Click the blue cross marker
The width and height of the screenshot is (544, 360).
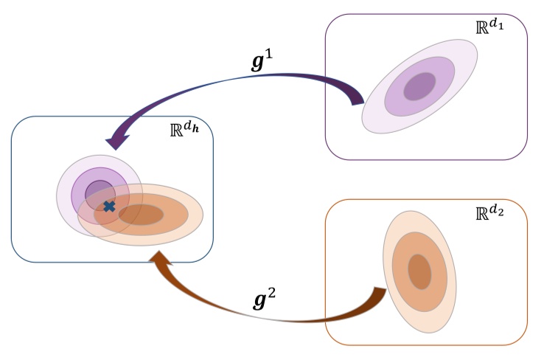[109, 206]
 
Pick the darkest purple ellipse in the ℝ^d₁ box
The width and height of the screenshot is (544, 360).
[419, 86]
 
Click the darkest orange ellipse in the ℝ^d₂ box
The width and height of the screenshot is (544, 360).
[419, 271]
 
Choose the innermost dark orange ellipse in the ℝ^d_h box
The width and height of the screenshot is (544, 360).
[141, 215]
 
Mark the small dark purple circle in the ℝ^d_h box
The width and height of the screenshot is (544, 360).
[98, 193]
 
